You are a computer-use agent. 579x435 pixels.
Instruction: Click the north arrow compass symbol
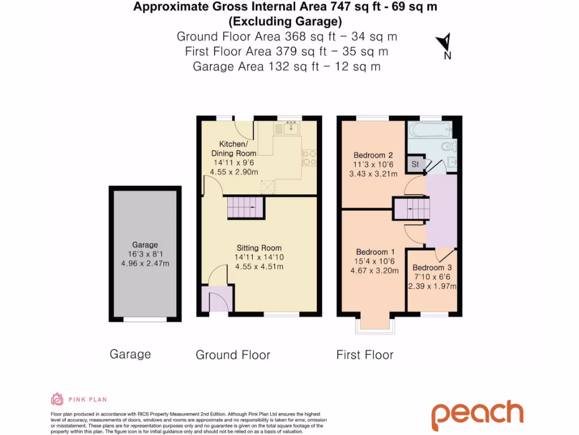point(444,44)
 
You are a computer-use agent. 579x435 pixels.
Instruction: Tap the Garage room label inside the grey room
point(145,245)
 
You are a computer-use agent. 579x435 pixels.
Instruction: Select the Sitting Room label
point(259,248)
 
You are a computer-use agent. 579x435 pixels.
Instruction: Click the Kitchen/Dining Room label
point(234,149)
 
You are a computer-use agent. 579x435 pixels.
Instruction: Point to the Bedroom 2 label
point(373,155)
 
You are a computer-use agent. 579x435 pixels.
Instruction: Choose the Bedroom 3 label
point(432,267)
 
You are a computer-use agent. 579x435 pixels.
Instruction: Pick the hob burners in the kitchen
point(310,157)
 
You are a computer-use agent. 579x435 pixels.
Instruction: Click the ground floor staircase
point(245,208)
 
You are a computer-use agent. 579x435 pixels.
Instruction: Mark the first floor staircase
point(412,209)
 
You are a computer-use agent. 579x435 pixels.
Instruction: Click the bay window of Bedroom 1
point(373,323)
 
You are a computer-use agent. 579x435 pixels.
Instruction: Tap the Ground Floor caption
point(233,355)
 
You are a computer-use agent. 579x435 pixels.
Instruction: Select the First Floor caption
point(365,355)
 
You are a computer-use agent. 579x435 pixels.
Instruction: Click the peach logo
point(478,415)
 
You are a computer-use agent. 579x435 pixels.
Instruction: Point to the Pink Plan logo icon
point(58,399)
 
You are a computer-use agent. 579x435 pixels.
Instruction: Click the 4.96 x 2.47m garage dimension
point(145,263)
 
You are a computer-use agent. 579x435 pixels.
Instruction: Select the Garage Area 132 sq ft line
point(287,66)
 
